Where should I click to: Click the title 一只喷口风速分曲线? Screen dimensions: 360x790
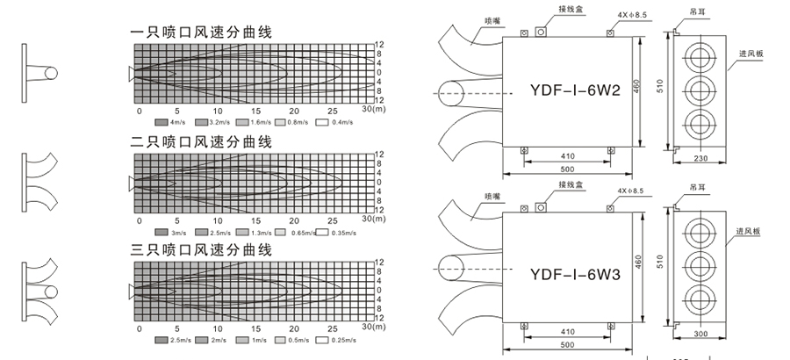coord(201,32)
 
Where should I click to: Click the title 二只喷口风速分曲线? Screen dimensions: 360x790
coord(201,141)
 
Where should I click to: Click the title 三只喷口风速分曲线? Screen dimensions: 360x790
coord(201,250)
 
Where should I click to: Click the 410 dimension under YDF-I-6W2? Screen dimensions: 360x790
coord(568,156)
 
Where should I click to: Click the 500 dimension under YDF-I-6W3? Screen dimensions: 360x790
coord(568,346)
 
